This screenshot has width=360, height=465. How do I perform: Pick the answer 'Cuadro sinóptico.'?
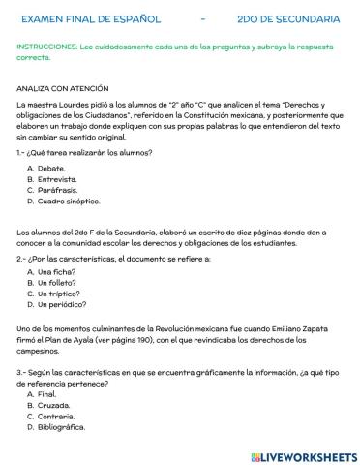[x=69, y=201]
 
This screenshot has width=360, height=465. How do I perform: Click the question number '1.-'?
[x=22, y=153]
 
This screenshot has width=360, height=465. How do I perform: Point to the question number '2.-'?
[x=22, y=260]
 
